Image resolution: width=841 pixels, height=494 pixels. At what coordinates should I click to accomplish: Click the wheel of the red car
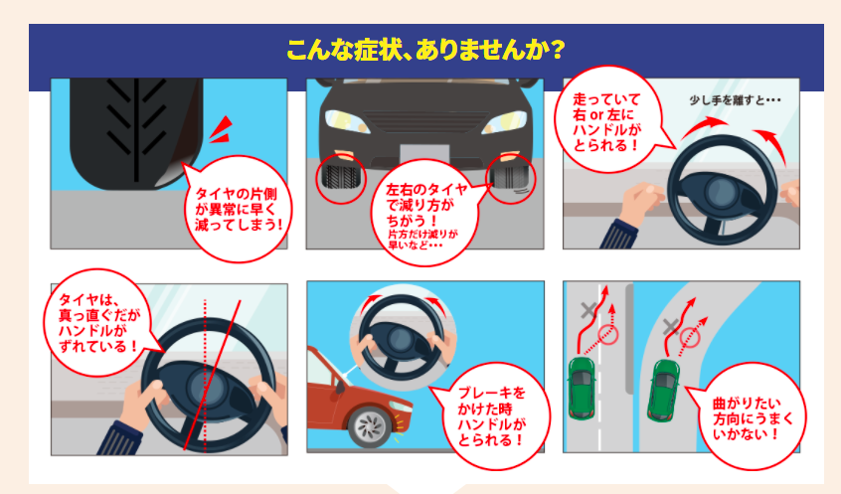tap(369, 428)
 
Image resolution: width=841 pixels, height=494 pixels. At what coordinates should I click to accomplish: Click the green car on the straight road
tap(581, 389)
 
